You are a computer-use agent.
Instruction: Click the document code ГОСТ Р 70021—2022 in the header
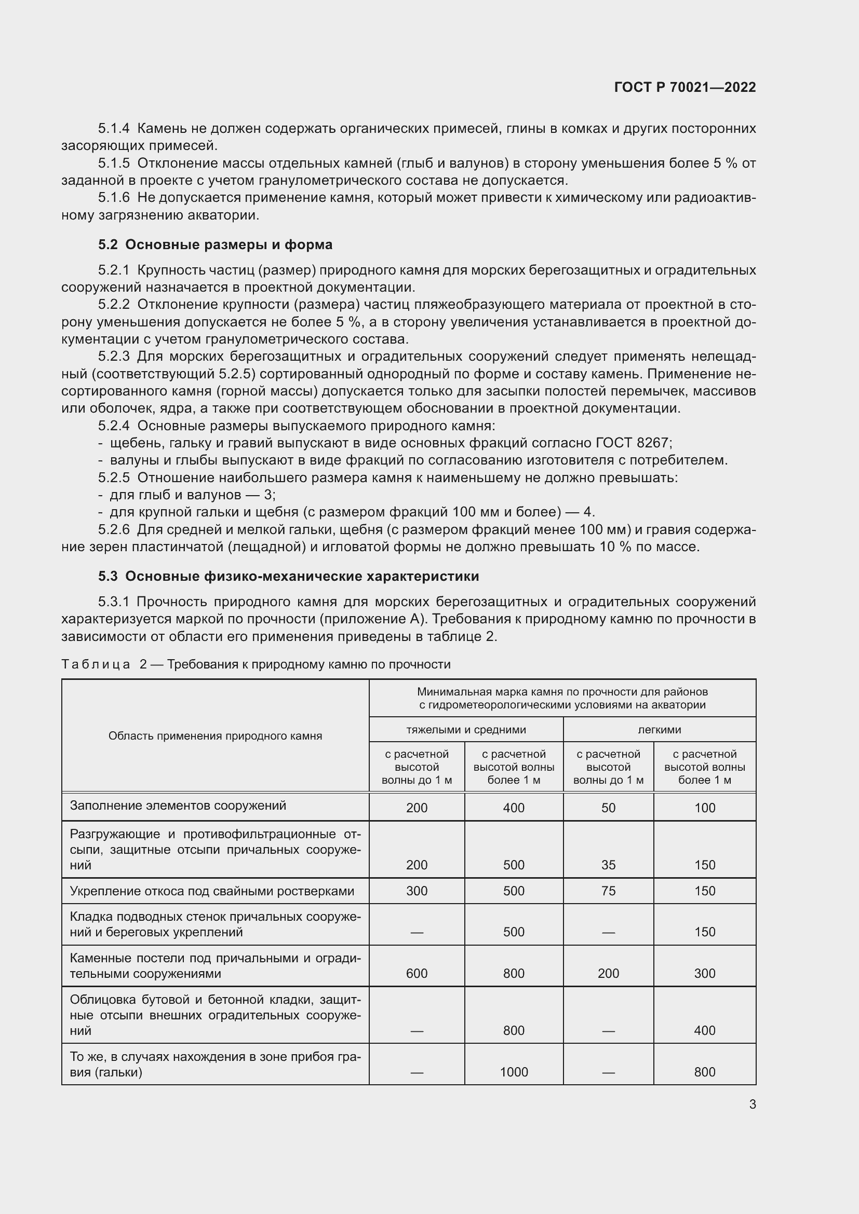pyautogui.click(x=684, y=87)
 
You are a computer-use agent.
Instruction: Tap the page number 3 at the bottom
pyautogui.click(x=752, y=1104)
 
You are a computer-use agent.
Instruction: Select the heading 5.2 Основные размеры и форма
pyautogui.click(x=215, y=244)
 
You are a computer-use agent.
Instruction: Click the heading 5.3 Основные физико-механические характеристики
pyautogui.click(x=288, y=576)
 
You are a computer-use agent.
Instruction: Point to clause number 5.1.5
pyautogui.click(x=114, y=163)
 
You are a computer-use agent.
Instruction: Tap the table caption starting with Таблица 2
pyautogui.click(x=256, y=664)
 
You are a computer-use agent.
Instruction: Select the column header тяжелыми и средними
pyautogui.click(x=465, y=730)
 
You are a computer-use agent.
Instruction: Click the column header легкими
pyautogui.click(x=659, y=730)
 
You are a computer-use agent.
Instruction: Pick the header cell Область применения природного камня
pyautogui.click(x=215, y=735)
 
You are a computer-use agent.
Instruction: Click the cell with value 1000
pyautogui.click(x=514, y=1072)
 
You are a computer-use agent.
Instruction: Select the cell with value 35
pyautogui.click(x=608, y=865)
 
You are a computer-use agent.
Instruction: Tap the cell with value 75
pyautogui.click(x=608, y=891)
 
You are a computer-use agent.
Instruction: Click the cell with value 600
pyautogui.click(x=417, y=973)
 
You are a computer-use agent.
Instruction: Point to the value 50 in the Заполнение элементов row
pyautogui.click(x=608, y=808)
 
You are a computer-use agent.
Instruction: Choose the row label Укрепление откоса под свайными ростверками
pyautogui.click(x=211, y=891)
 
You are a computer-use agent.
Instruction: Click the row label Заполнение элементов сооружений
pyautogui.click(x=178, y=806)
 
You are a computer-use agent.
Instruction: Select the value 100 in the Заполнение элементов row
pyautogui.click(x=704, y=808)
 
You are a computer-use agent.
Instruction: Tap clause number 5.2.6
pyautogui.click(x=114, y=529)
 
